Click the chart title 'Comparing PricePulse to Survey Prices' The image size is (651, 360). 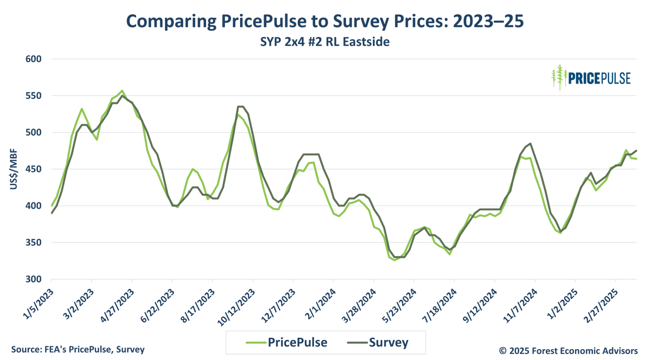(x=325, y=21)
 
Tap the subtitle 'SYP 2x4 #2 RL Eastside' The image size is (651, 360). (x=325, y=41)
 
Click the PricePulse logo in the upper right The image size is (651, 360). (x=591, y=78)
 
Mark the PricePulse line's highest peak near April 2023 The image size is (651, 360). (x=122, y=91)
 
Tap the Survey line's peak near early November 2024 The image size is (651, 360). (x=530, y=144)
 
